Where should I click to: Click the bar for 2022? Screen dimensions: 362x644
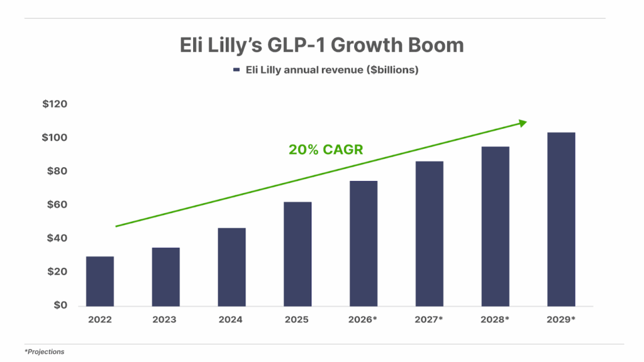100,281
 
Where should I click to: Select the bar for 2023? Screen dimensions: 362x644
166,277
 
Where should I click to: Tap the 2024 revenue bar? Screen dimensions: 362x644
231,267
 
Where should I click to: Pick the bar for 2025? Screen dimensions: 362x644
297,254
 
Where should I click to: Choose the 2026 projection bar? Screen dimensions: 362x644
364,244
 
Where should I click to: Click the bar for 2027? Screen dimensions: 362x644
430,234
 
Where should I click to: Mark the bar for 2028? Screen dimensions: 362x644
495,226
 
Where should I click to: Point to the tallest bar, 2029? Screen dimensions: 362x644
561,219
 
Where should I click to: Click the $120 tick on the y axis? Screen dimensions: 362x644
54,104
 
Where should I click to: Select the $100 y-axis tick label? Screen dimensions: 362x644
54,138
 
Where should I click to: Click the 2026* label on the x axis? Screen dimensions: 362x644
363,319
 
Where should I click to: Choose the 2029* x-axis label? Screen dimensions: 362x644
560,319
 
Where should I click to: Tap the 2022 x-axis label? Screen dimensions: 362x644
100,319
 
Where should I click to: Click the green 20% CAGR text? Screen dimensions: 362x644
326,150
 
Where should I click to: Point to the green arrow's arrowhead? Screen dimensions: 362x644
523,123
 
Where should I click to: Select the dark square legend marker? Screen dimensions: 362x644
236,70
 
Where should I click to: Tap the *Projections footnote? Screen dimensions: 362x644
45,352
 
